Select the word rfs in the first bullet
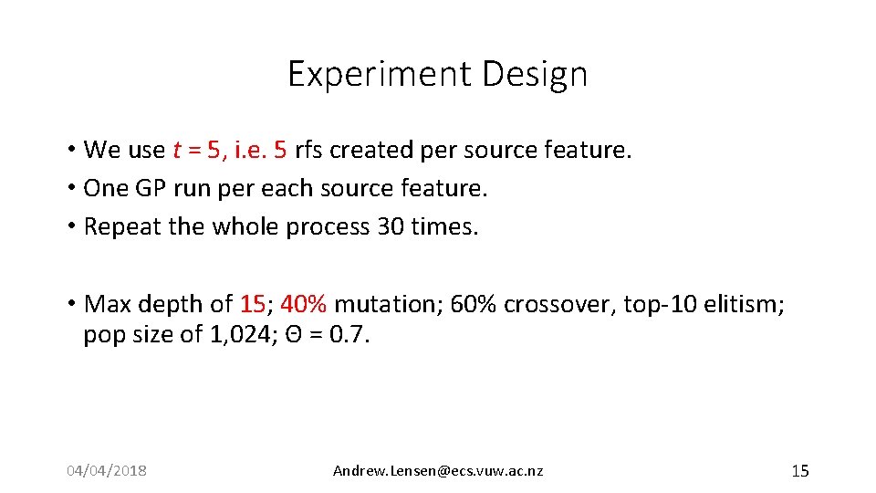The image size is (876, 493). click(x=311, y=150)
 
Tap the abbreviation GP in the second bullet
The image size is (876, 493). click(x=149, y=188)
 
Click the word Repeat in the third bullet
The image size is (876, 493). click(x=122, y=226)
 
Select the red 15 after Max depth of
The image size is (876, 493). click(x=253, y=304)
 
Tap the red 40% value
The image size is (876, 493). click(x=304, y=304)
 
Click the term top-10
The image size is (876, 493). click(x=655, y=304)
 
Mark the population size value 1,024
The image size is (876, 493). click(x=238, y=335)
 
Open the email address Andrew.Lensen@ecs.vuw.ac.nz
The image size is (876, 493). click(x=438, y=471)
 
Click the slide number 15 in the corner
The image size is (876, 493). click(x=799, y=471)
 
